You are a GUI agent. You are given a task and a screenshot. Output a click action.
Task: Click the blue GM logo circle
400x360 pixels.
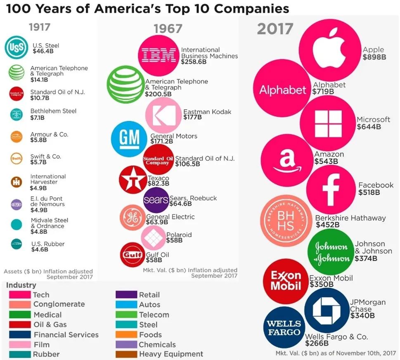point(129,139)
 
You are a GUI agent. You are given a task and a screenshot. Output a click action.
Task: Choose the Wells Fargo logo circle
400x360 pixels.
point(284,327)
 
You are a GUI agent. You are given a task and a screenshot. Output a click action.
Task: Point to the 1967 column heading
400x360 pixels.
point(168,28)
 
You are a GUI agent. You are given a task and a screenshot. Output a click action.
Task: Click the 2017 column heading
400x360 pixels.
point(275,29)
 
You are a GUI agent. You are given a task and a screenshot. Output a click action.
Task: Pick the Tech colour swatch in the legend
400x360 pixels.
point(20,294)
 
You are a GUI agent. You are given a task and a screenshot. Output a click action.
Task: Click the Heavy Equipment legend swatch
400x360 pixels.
point(126,354)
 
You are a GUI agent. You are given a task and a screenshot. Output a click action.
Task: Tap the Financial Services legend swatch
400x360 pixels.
point(20,334)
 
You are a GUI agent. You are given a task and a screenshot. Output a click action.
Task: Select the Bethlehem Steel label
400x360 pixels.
point(53,111)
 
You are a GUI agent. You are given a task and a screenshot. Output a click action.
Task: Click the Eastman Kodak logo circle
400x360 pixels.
point(164,115)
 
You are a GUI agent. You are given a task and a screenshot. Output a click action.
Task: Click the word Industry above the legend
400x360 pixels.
point(21,285)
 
